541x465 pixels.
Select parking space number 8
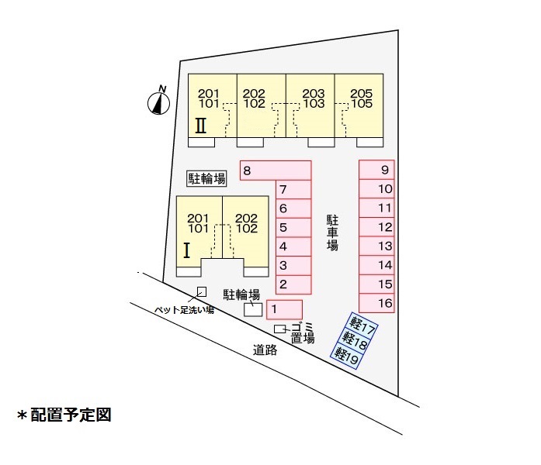(276, 170)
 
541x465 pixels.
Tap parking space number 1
(285, 309)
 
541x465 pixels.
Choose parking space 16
(376, 303)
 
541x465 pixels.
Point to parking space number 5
(293, 227)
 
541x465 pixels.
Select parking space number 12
(376, 227)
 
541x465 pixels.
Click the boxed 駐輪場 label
(206, 178)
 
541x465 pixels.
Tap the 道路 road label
(265, 350)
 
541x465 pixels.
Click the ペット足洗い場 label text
(184, 310)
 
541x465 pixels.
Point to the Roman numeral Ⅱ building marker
(201, 126)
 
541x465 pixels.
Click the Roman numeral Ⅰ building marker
(186, 250)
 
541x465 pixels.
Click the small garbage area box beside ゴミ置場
(280, 329)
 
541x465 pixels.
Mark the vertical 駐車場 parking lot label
(333, 232)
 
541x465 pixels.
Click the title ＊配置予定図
(64, 415)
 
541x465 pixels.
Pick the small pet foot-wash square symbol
(202, 292)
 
